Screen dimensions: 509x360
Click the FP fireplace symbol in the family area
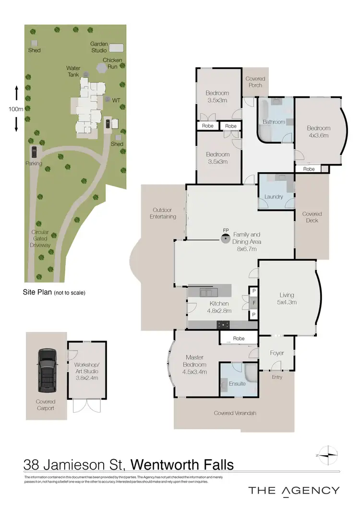pyautogui.click(x=225, y=237)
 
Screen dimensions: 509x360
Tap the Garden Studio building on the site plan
pyautogui.click(x=116, y=47)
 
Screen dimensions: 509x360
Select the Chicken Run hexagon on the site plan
pyautogui.click(x=101, y=68)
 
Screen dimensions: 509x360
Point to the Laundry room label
pyautogui.click(x=274, y=197)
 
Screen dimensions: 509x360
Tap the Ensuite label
pyautogui.click(x=237, y=384)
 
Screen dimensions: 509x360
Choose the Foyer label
pyautogui.click(x=277, y=353)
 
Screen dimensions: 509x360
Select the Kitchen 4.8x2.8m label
pyautogui.click(x=219, y=307)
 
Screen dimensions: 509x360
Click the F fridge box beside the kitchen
pyautogui.click(x=253, y=303)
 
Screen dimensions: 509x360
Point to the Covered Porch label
pyautogui.click(x=255, y=82)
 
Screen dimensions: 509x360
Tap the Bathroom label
pyautogui.click(x=274, y=122)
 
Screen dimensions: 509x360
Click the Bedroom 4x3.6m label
pyautogui.click(x=319, y=131)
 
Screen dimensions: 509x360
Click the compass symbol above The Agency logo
pyautogui.click(x=329, y=454)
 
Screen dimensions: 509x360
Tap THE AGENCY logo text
pyautogui.click(x=294, y=490)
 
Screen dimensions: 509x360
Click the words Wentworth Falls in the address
pyautogui.click(x=182, y=464)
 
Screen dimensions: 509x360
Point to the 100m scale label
pyautogui.click(x=16, y=109)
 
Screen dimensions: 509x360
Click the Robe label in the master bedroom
pyautogui.click(x=239, y=338)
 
